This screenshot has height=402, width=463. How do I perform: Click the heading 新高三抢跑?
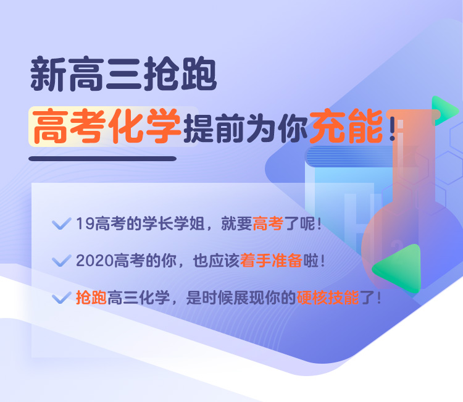(123, 74)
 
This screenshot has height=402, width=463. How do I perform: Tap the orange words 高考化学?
(106, 126)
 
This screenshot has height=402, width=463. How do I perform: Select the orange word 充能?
(346, 126)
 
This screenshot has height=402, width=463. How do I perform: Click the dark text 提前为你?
(246, 128)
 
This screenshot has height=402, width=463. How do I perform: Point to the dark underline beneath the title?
(102, 159)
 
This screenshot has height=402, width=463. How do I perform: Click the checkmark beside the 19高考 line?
(61, 224)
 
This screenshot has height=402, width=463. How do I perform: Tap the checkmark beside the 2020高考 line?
(61, 261)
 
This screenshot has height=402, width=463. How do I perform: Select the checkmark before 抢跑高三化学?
(61, 298)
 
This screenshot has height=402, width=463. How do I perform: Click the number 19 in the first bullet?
(85, 224)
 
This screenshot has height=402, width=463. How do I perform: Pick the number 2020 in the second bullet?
(94, 261)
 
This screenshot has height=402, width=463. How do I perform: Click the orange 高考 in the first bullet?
(268, 224)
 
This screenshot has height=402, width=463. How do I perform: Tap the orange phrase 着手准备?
(271, 261)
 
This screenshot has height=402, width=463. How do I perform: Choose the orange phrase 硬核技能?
(328, 298)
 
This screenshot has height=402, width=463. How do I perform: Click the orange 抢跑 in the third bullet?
(91, 298)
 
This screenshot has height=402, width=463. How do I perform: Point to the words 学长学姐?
(173, 224)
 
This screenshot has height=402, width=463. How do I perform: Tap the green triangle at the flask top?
(444, 110)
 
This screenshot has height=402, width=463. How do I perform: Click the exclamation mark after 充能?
(392, 126)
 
